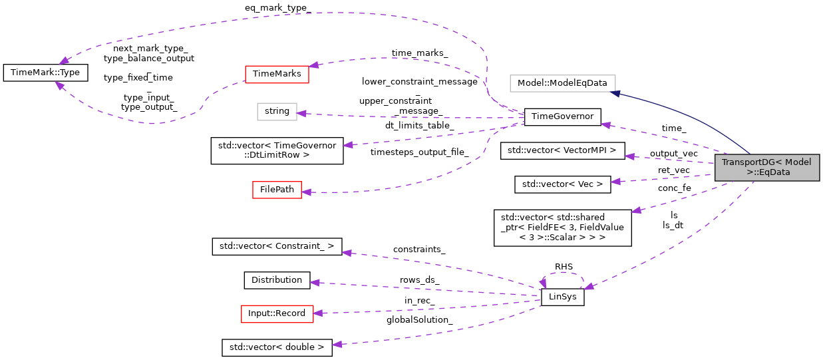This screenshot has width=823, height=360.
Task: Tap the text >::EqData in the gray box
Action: (x=768, y=172)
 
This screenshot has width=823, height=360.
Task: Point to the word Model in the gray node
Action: (x=798, y=162)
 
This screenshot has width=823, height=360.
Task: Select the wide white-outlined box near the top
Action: (x=562, y=83)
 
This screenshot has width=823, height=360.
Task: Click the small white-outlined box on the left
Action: (x=277, y=112)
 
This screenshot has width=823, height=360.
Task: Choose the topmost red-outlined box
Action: (x=277, y=75)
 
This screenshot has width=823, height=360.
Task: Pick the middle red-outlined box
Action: (x=277, y=190)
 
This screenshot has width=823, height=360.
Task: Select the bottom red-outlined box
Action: (x=277, y=314)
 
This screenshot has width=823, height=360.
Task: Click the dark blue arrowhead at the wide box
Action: (x=616, y=93)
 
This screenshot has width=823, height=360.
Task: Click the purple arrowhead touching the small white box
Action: (x=301, y=113)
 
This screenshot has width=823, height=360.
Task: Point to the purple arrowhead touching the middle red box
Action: (x=306, y=192)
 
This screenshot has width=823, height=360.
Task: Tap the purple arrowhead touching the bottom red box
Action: (x=317, y=313)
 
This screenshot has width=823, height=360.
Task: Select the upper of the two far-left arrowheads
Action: (x=64, y=61)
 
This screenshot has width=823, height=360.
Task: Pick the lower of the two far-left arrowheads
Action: (x=59, y=86)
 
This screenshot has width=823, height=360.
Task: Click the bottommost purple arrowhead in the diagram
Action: (x=337, y=344)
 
